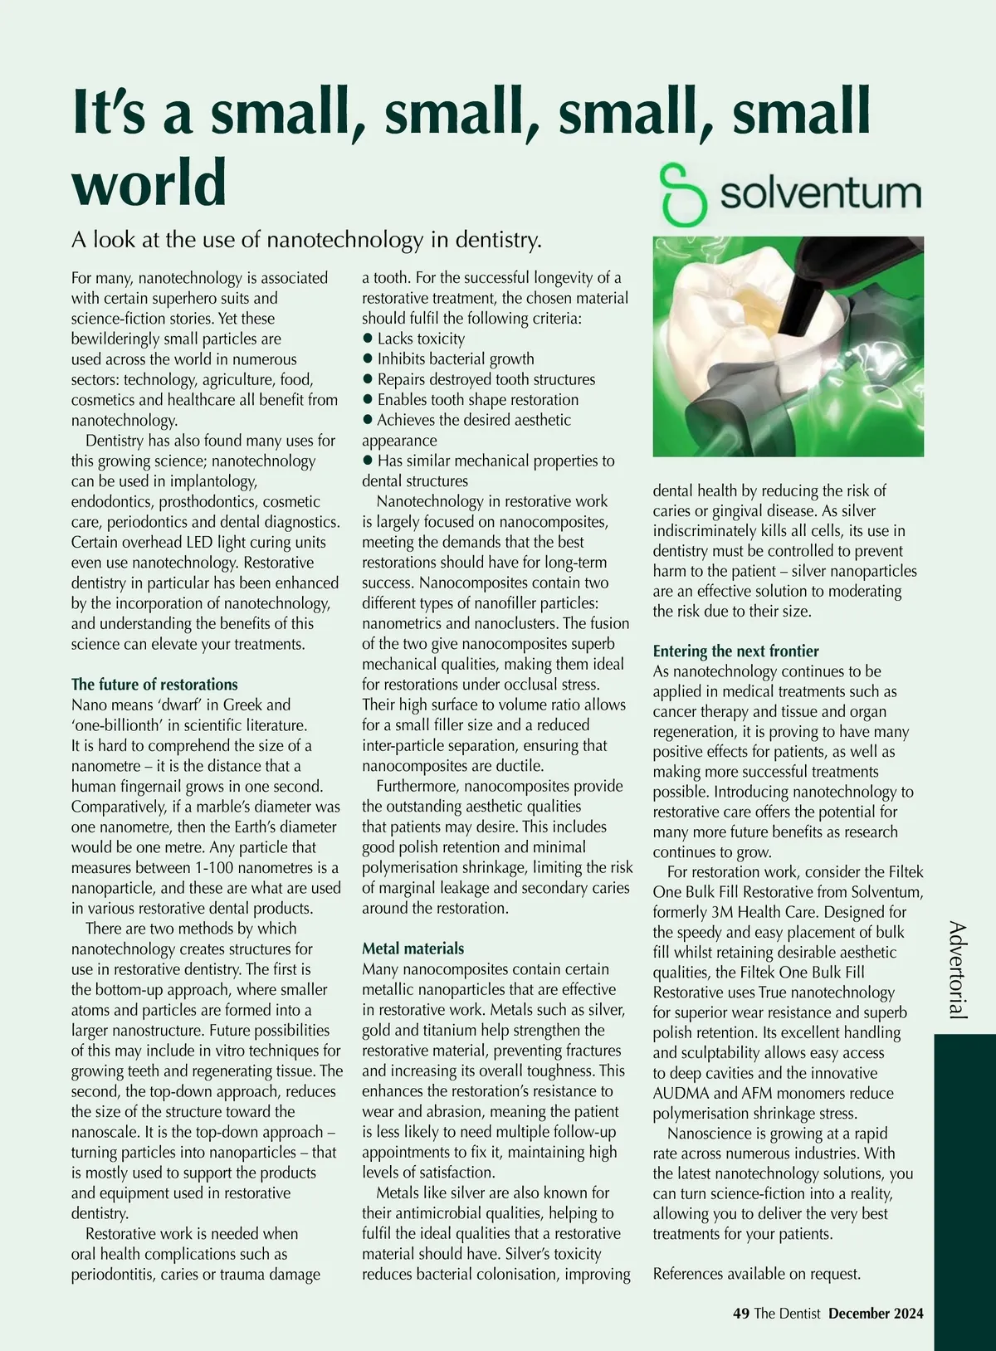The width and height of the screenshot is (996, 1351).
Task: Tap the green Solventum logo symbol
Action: (x=683, y=194)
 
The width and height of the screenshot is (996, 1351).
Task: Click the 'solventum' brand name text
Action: (x=820, y=193)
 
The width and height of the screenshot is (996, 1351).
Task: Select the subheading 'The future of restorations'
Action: (x=154, y=685)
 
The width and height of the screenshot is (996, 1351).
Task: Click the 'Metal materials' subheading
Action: (x=413, y=949)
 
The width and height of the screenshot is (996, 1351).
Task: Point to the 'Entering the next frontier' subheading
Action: (x=735, y=651)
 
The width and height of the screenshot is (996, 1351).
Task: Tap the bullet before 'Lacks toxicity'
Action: (x=368, y=339)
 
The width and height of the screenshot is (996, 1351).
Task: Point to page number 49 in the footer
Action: (x=741, y=1314)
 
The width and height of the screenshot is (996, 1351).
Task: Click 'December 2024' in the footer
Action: (x=876, y=1314)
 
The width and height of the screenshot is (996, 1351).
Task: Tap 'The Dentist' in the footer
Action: (x=787, y=1314)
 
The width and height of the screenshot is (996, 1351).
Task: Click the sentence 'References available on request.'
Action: (x=756, y=1274)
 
